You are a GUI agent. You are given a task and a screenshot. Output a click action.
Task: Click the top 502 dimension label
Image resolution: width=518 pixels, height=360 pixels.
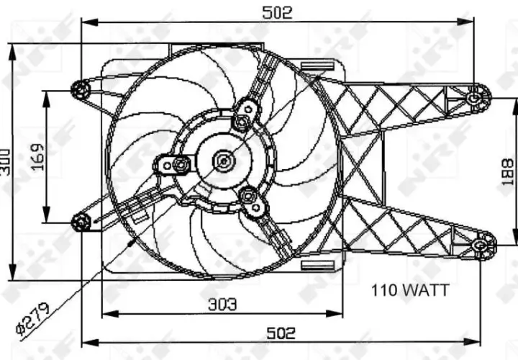(277, 13)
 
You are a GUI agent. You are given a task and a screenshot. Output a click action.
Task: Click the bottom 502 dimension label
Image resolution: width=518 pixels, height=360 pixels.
(281, 333)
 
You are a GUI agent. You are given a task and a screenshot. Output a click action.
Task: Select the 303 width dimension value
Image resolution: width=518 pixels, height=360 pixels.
(222, 305)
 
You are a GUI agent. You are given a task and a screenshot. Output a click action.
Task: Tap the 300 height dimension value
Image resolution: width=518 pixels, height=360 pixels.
(5, 162)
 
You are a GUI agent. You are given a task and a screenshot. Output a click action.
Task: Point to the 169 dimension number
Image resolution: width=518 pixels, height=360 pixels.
(37, 158)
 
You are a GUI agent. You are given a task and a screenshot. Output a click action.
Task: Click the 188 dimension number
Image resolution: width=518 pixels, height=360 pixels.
(507, 172)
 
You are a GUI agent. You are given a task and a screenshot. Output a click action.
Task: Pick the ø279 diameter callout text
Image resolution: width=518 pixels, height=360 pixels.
(33, 319)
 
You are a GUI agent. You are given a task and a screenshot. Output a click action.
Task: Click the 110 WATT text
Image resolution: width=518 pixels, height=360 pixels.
(410, 290)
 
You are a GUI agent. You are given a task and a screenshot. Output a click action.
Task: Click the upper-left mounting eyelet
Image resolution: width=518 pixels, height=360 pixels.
(81, 89)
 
